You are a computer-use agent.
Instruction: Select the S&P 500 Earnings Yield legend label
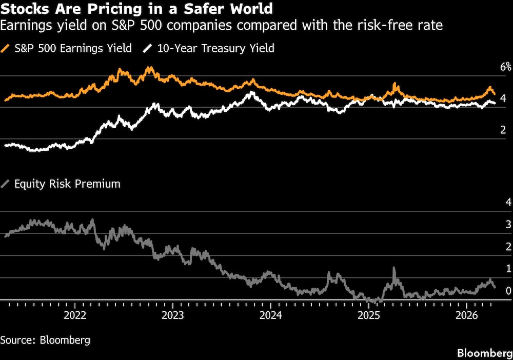(73, 49)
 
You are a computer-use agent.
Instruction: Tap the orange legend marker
(6, 49)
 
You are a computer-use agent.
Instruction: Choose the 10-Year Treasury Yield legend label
(215, 49)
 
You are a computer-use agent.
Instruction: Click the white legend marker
(148, 49)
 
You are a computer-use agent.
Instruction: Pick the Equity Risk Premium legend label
(67, 184)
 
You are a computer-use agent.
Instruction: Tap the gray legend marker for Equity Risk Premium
(6, 184)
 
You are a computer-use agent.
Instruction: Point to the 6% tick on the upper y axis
(506, 67)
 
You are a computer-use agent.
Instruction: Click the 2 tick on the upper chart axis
(503, 130)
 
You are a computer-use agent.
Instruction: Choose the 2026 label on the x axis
(467, 315)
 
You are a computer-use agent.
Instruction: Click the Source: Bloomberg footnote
(38, 340)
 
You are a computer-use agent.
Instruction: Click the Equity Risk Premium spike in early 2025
(394, 269)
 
